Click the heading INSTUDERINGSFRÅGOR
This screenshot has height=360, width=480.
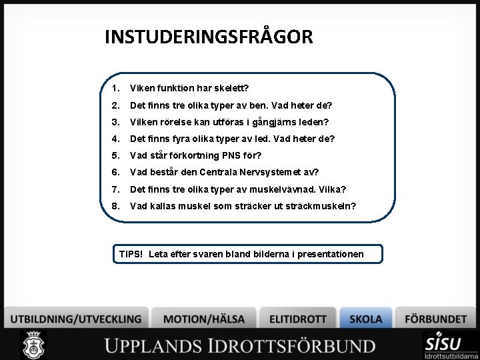[x=208, y=37]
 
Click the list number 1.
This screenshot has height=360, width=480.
[x=115, y=88]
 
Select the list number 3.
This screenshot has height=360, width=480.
[x=115, y=122]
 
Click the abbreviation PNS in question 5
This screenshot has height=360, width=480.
[x=239, y=156]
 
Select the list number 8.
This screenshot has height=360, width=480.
[x=115, y=206]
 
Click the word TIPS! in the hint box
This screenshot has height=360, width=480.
[x=131, y=254]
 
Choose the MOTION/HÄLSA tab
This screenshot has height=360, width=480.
[x=203, y=319]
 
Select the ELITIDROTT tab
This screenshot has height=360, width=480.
[x=298, y=319]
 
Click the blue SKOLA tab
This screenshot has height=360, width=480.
[x=366, y=319]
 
